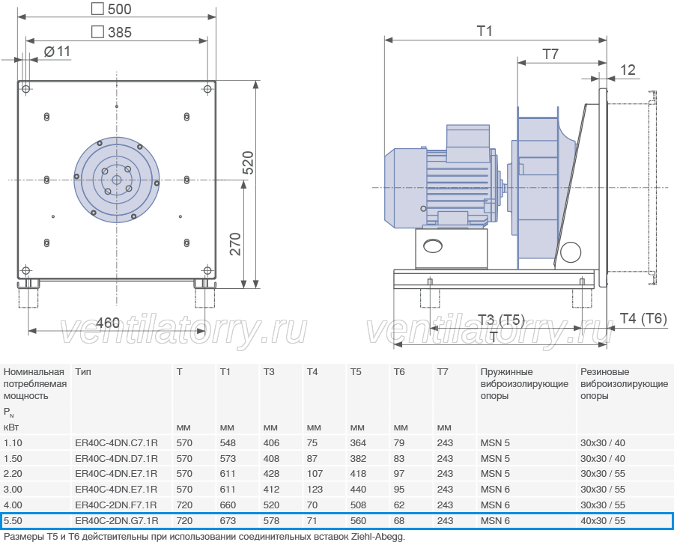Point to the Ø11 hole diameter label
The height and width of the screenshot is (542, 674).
point(57,52)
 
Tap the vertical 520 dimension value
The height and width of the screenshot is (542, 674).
point(249,162)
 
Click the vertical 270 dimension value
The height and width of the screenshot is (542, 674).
point(236,244)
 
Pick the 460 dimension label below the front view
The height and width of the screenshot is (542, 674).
point(107,323)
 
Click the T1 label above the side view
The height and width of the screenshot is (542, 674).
point(485,31)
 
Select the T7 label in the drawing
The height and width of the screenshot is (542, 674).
point(550,54)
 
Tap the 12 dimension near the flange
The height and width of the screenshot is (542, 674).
point(628,70)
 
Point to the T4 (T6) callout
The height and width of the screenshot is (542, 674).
point(643,318)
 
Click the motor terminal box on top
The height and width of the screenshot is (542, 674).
point(468,144)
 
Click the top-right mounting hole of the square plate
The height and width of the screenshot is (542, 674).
point(207,89)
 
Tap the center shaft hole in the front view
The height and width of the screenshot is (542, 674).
point(117,180)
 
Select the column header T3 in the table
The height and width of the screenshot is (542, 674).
point(269,372)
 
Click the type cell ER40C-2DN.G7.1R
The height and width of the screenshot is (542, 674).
point(117,521)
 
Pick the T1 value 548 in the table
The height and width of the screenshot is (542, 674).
point(228,442)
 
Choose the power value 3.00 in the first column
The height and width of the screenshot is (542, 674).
point(13,489)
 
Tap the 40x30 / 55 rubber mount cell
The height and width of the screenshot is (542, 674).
point(603,521)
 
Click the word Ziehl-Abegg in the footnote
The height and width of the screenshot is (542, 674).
point(378,537)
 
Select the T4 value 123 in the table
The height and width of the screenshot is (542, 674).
point(315,489)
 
